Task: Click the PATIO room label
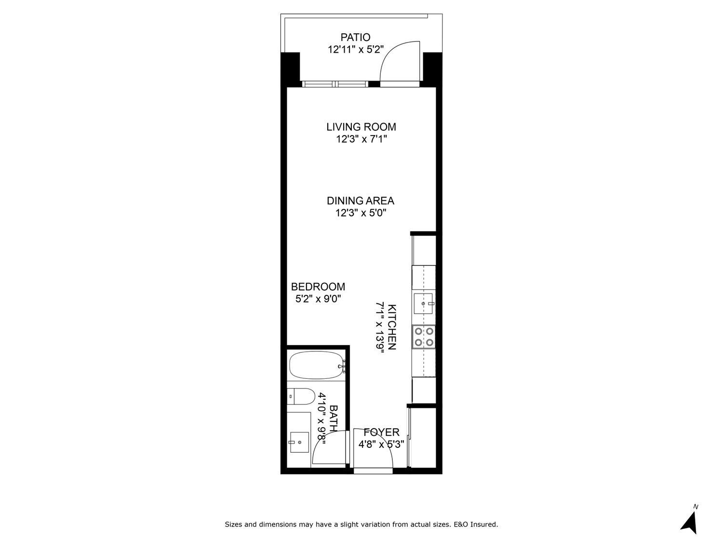355,37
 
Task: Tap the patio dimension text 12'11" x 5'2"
355,49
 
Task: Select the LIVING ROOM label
361,127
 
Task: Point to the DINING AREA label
361,201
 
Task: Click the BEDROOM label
318,287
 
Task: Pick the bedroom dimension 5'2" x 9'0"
318,299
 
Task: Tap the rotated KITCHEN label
392,327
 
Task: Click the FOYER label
381,432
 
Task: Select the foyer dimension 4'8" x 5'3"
381,445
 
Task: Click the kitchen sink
424,304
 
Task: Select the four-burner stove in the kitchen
424,337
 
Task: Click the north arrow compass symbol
690,522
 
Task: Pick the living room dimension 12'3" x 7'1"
361,139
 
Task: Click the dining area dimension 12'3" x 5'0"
361,213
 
